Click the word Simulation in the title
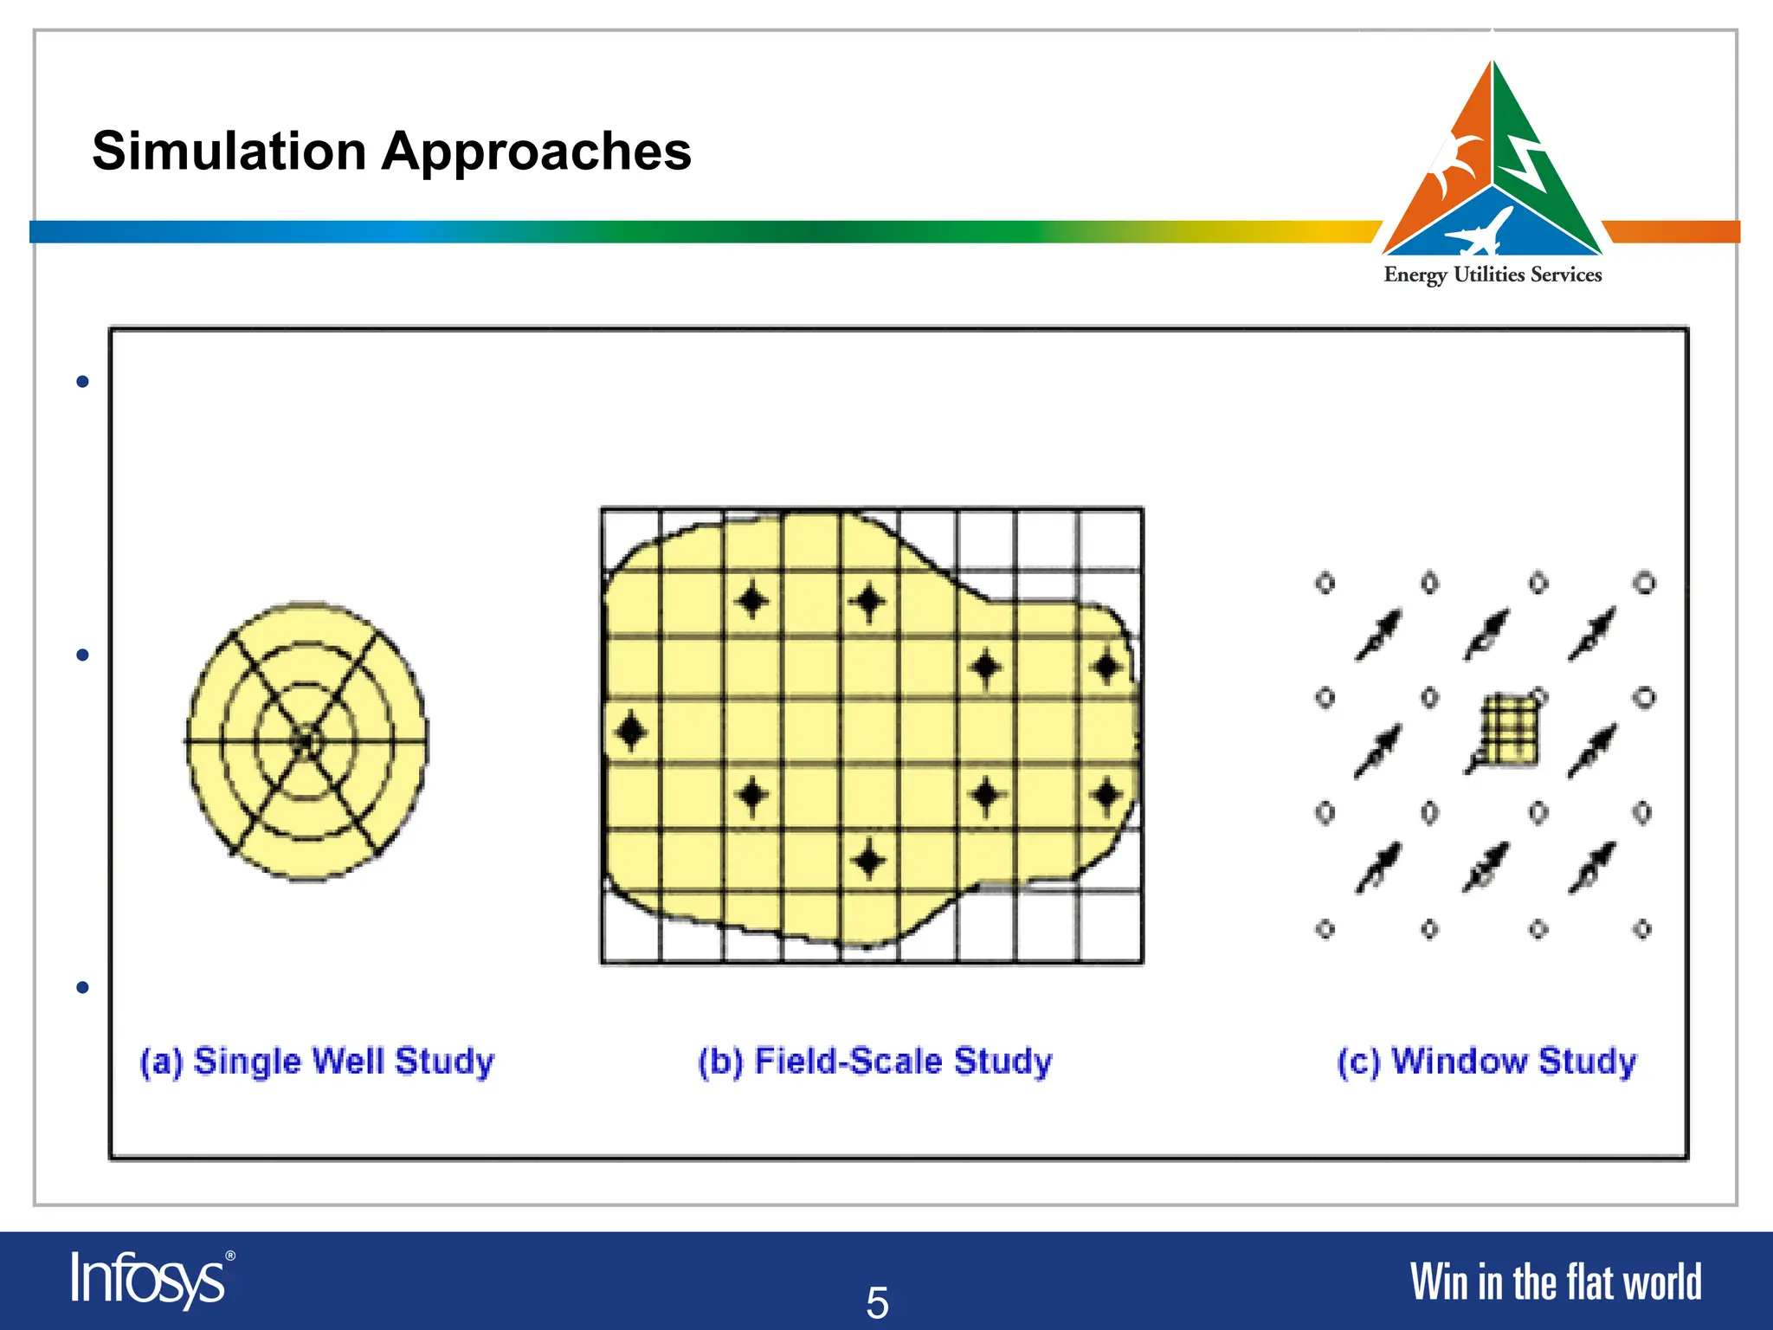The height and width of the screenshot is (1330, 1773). [229, 152]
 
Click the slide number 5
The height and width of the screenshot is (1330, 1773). [877, 1302]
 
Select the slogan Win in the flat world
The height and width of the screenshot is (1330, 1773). [1555, 1282]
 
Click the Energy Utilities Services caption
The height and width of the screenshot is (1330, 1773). [1493, 275]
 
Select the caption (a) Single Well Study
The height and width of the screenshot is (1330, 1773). [317, 1062]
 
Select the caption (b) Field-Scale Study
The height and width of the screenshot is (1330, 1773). [875, 1062]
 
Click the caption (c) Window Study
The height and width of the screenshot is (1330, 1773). [1486, 1062]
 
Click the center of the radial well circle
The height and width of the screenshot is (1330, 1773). [305, 741]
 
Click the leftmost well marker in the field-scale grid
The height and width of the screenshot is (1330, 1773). [630, 732]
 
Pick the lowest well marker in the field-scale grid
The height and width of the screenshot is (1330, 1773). [869, 862]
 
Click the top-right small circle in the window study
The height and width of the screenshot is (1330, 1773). [1645, 583]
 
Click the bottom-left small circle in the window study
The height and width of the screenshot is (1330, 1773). [1325, 929]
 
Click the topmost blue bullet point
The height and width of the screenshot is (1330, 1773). [83, 382]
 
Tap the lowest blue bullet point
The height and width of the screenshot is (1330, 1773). [83, 987]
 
